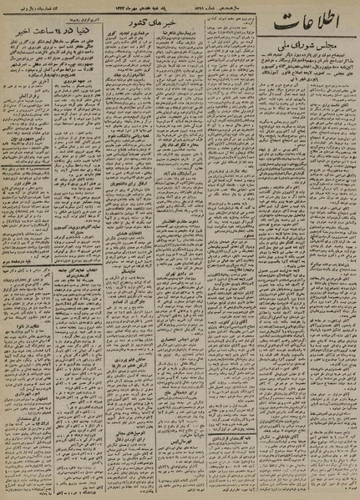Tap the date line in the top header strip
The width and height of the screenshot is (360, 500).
click(x=180, y=6)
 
